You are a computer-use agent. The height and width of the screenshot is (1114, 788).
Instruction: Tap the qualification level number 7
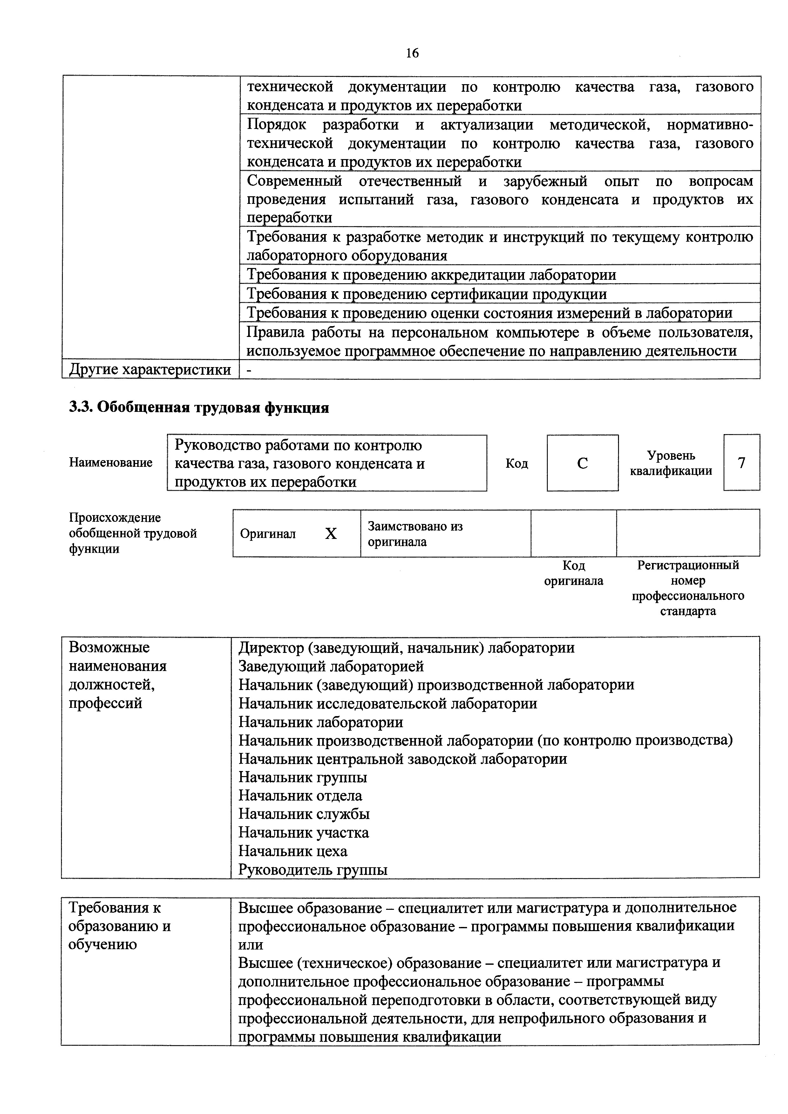[x=741, y=463]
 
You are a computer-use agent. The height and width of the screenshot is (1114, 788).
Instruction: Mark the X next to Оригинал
[x=331, y=534]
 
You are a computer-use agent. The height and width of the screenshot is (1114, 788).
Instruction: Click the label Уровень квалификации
[x=671, y=463]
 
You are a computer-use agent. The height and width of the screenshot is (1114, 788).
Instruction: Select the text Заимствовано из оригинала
[x=415, y=534]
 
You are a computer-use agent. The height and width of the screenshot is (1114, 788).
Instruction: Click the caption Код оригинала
[x=574, y=573]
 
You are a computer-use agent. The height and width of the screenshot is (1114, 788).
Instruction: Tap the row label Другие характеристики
[x=150, y=370]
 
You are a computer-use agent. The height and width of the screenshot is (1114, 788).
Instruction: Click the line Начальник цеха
[x=293, y=851]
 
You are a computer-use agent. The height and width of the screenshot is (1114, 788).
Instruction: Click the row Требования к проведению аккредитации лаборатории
[x=431, y=275]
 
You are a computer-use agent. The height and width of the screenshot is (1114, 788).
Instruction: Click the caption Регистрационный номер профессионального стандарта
[x=688, y=587]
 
